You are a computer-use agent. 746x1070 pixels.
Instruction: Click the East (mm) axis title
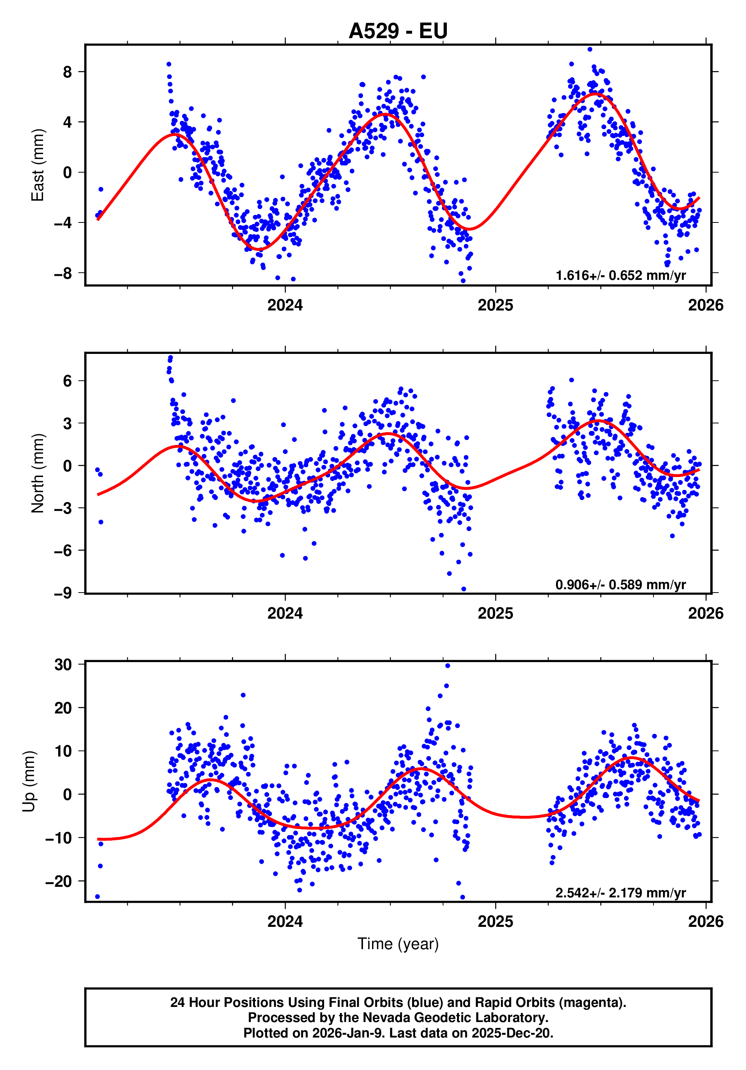[37, 165]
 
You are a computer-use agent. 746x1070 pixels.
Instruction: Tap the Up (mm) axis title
[29, 781]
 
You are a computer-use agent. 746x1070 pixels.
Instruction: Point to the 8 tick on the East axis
[68, 72]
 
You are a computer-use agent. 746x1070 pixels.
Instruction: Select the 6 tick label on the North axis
[68, 381]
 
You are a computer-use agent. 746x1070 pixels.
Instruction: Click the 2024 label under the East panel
[285, 305]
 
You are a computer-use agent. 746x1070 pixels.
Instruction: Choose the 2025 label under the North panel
[495, 613]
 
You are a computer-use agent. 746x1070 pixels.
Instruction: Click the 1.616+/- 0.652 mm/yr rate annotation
[620, 275]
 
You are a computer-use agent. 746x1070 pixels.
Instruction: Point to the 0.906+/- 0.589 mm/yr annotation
[620, 584]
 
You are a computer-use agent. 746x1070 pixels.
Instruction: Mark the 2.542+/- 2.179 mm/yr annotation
[620, 892]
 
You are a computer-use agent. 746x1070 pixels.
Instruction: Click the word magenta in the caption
[592, 1002]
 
